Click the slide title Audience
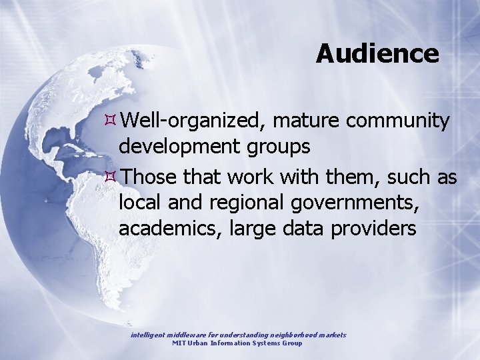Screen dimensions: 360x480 pos(377,53)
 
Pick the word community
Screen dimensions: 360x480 pos(398,121)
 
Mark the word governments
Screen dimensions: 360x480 pos(360,202)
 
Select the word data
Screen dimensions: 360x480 pos(306,229)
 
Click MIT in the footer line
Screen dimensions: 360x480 pos(179,343)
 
